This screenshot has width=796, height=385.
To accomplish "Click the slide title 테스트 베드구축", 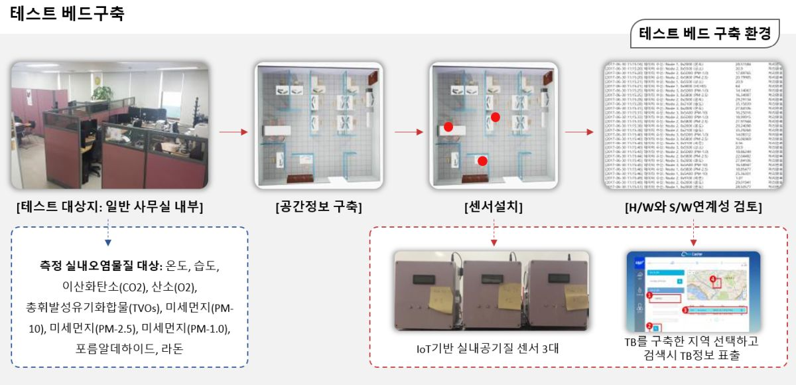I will [x=67, y=14].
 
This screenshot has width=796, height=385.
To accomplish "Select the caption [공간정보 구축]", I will [x=318, y=207].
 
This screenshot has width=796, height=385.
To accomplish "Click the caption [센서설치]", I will [x=494, y=207].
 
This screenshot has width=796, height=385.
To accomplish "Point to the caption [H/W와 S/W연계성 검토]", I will [x=693, y=207].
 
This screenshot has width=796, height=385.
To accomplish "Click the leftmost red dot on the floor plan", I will [x=448, y=126].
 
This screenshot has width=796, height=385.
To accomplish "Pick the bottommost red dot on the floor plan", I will [x=482, y=161].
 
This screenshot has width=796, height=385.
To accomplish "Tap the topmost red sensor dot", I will [x=495, y=117].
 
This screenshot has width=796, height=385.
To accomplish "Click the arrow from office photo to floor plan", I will [x=233, y=132].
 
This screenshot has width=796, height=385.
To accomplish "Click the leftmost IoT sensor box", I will [x=424, y=292].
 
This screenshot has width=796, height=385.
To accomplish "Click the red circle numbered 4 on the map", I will [x=713, y=279].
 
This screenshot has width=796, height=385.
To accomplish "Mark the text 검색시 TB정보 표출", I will [x=693, y=355].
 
